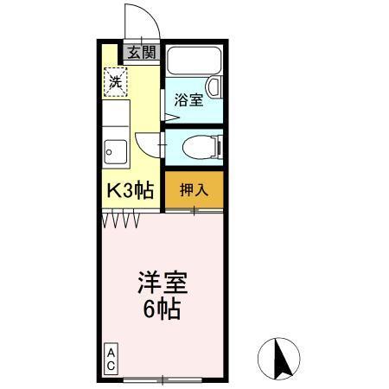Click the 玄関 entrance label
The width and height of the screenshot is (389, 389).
tap(143, 52)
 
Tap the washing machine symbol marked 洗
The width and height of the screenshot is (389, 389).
tap(115, 83)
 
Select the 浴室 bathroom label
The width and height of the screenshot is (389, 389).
tap(189, 99)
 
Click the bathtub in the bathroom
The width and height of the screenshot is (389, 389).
tap(194, 63)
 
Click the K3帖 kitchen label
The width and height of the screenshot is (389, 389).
tap(129, 190)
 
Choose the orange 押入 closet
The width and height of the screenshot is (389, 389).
tap(194, 188)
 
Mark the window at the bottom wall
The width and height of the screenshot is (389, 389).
tap(164, 378)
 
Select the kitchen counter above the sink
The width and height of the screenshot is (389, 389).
tap(116, 118)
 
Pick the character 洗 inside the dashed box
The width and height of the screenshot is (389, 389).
tap(115, 83)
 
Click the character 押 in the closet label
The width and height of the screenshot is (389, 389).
tap(187, 188)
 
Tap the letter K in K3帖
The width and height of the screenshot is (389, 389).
tap(112, 190)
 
